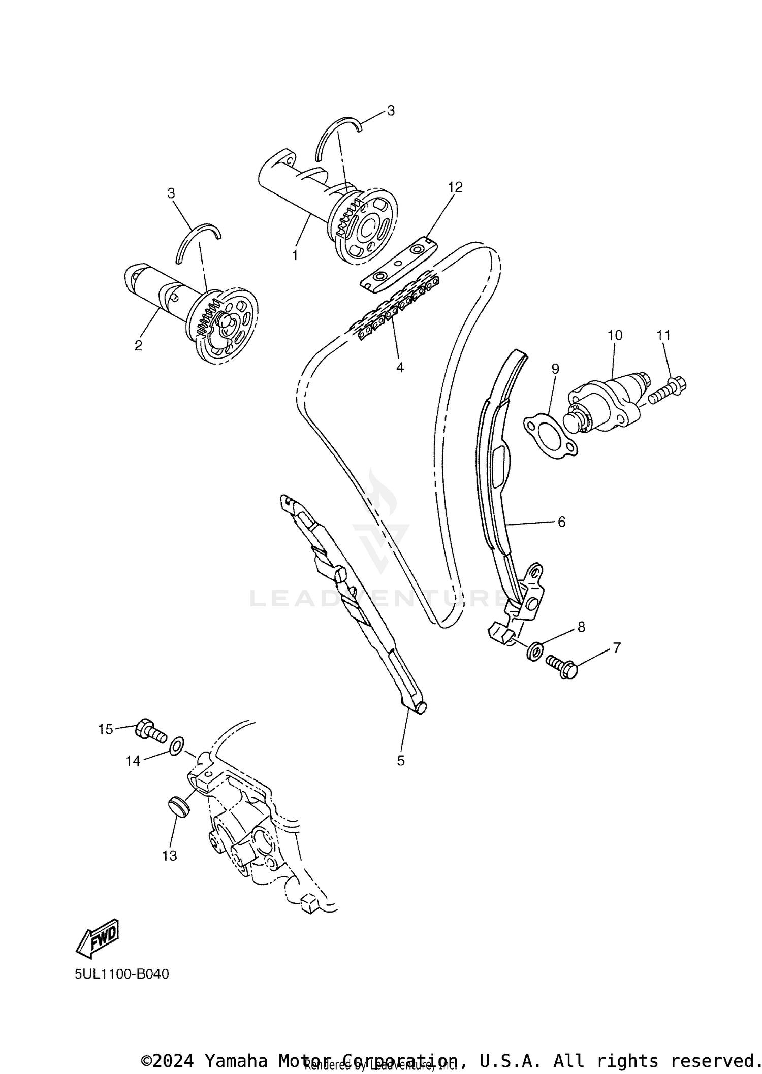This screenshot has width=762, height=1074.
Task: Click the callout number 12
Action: click(455, 187)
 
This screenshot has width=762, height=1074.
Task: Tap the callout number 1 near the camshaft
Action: click(295, 255)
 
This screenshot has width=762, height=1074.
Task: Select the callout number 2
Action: click(138, 346)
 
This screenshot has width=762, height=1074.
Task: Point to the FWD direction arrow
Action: click(98, 935)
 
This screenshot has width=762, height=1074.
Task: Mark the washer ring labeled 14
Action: click(176, 746)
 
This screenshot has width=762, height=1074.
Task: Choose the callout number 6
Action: click(561, 522)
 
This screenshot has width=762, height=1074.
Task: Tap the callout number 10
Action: click(615, 335)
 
